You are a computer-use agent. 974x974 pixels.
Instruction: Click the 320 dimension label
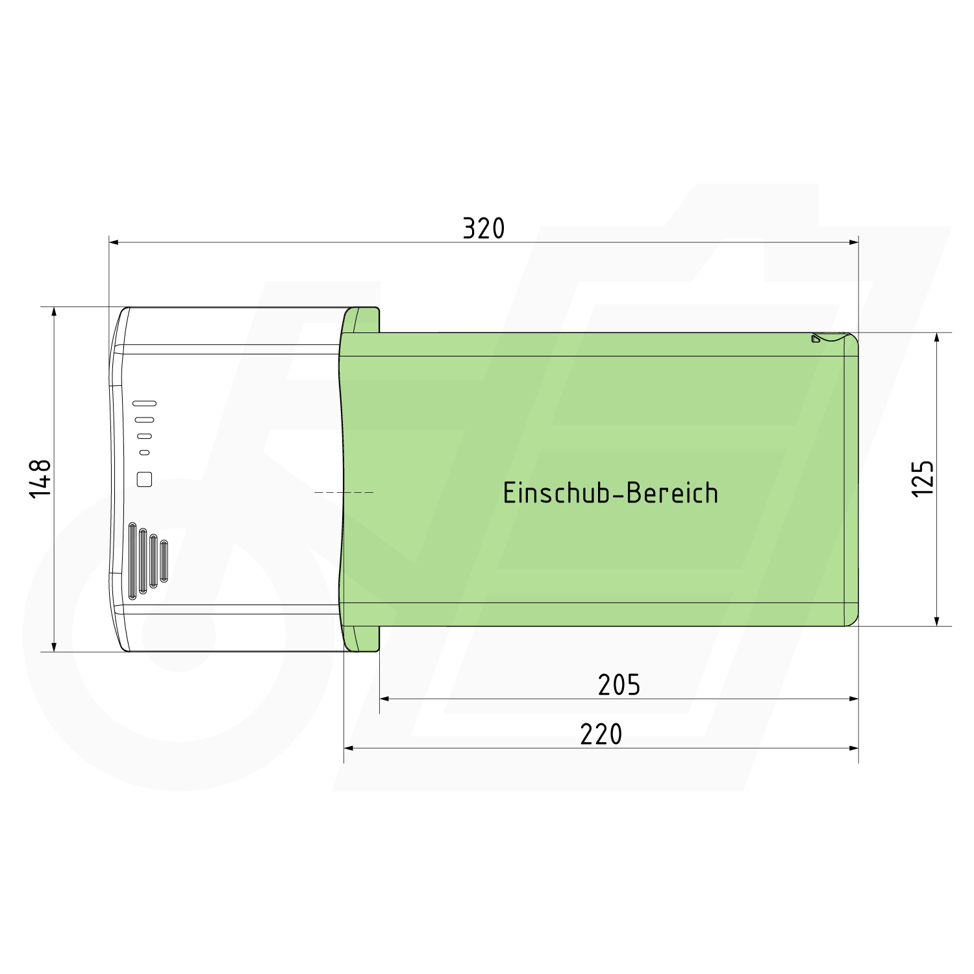[484, 229]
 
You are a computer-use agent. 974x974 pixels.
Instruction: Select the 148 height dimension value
[41, 479]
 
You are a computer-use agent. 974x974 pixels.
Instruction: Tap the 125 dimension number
[923, 479]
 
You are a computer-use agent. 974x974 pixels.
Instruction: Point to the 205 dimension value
[619, 685]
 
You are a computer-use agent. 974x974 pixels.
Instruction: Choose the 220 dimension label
[601, 734]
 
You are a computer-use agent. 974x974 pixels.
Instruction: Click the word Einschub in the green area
[555, 493]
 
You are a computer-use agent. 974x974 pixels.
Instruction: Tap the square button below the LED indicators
[145, 479]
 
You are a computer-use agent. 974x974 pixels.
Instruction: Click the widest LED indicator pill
[144, 403]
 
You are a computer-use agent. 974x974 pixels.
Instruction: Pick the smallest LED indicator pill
[145, 452]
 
